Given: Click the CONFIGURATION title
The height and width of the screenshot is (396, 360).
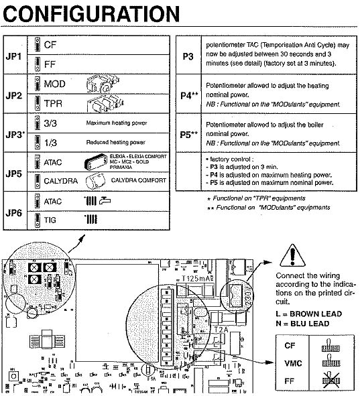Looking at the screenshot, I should [x=91, y=13].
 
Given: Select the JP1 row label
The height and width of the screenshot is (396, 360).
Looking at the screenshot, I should [x=13, y=54].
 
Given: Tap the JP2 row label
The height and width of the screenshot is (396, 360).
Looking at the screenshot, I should [x=13, y=95].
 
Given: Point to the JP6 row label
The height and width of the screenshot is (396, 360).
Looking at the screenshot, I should [x=13, y=210].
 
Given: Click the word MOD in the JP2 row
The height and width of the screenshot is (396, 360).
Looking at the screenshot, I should [x=54, y=84].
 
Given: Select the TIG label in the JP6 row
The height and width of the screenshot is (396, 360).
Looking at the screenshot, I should [x=51, y=219].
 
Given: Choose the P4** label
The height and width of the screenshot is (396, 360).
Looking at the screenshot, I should [x=189, y=96].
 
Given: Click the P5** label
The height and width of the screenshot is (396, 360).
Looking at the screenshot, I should [x=189, y=134].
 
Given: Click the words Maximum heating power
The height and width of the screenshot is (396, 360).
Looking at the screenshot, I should [x=116, y=124].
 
